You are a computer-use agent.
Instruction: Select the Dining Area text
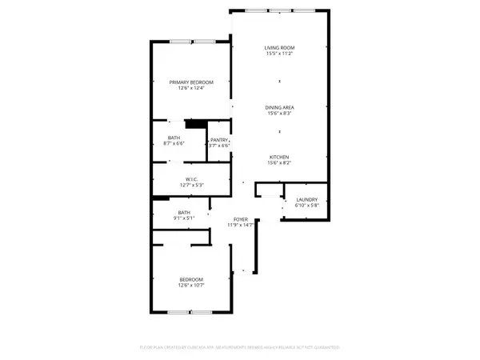click(278, 107)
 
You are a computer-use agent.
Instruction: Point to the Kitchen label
click(278, 156)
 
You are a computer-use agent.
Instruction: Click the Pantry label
click(219, 139)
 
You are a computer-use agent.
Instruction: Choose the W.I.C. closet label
click(191, 179)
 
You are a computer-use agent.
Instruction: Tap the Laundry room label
click(307, 199)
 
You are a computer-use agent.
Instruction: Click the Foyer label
click(241, 219)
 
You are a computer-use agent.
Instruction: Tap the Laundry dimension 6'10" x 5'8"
click(307, 206)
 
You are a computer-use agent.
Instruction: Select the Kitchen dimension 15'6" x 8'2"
click(278, 162)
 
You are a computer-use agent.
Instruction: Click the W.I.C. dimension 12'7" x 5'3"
click(191, 186)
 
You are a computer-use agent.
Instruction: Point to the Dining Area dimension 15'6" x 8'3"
click(278, 114)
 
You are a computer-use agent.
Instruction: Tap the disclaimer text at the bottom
click(240, 348)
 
